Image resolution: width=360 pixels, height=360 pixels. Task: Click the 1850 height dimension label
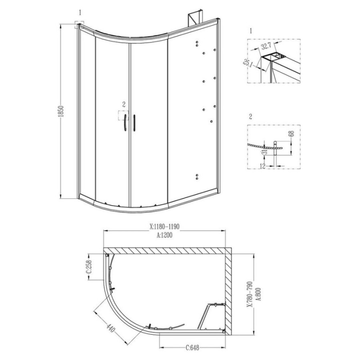coord(61,111)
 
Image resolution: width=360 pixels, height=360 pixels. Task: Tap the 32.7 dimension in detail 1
coord(266,46)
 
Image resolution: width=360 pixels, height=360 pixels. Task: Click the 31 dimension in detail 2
coord(264,152)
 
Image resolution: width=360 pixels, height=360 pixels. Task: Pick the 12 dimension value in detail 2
coord(263,166)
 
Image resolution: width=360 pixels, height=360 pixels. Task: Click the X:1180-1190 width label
coord(164,227)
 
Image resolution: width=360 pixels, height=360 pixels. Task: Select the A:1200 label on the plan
coord(164,235)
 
